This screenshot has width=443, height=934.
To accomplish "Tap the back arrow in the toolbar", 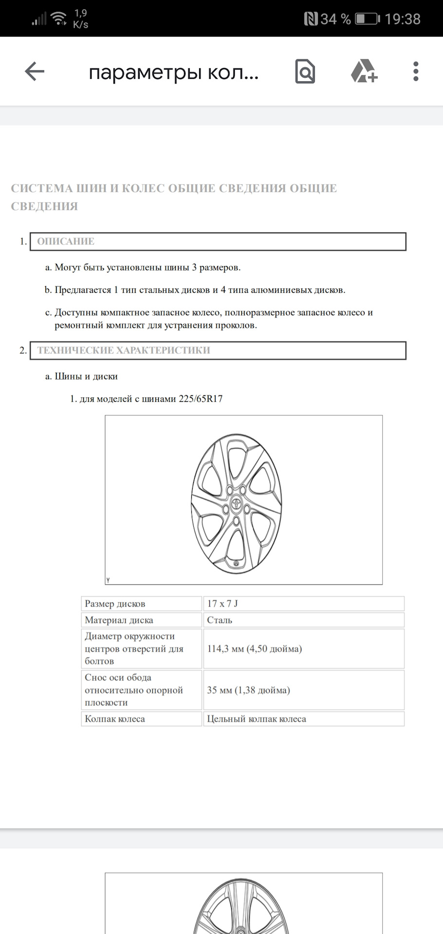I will (35, 72).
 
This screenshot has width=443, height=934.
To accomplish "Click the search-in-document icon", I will (305, 72).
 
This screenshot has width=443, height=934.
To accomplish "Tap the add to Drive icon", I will (364, 72).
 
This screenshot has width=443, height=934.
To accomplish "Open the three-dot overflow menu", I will (415, 72).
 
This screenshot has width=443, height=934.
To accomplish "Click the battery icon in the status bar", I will (367, 19).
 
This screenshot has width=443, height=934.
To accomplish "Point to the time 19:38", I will (402, 19).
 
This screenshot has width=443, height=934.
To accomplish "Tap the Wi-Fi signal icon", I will (59, 19).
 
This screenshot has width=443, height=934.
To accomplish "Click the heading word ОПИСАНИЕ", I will (66, 241).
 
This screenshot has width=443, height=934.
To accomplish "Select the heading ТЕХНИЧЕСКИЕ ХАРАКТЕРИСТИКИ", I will (124, 350).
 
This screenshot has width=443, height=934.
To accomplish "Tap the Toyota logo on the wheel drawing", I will (237, 504).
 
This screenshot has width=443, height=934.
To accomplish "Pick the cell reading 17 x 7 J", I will (222, 604).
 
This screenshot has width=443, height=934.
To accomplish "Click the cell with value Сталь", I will (220, 620).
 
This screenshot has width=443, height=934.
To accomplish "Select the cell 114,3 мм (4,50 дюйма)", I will (254, 648).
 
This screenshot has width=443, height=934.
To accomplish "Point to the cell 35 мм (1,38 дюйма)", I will (248, 690).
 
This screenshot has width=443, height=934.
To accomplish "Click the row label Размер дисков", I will (115, 604).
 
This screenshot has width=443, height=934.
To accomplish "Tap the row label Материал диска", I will (119, 620).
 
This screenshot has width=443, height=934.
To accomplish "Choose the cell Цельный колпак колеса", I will (257, 719).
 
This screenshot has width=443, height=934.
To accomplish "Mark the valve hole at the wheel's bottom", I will (236, 564).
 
